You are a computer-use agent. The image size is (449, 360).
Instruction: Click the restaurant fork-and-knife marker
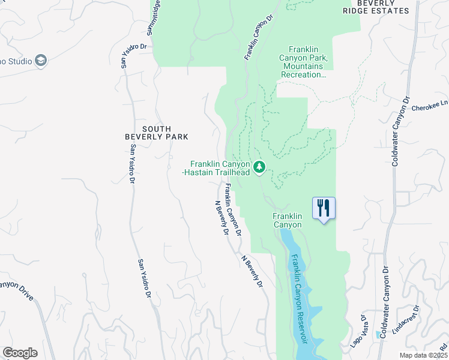[324, 208]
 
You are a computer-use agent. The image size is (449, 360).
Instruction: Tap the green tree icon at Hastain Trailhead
[259, 166]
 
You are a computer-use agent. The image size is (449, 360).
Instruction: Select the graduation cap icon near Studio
[40, 60]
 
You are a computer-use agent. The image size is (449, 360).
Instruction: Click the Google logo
[20, 353]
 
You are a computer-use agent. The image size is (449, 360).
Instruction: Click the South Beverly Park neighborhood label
[156, 133]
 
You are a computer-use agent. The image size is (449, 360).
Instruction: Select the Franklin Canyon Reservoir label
[298, 298]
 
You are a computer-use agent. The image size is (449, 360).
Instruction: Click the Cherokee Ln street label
[430, 106]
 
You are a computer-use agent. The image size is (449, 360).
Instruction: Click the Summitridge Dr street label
[154, 17]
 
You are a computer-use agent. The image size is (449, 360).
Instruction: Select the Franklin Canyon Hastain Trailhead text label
[219, 168]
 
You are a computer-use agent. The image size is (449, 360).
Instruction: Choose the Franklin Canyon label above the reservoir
[287, 220]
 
